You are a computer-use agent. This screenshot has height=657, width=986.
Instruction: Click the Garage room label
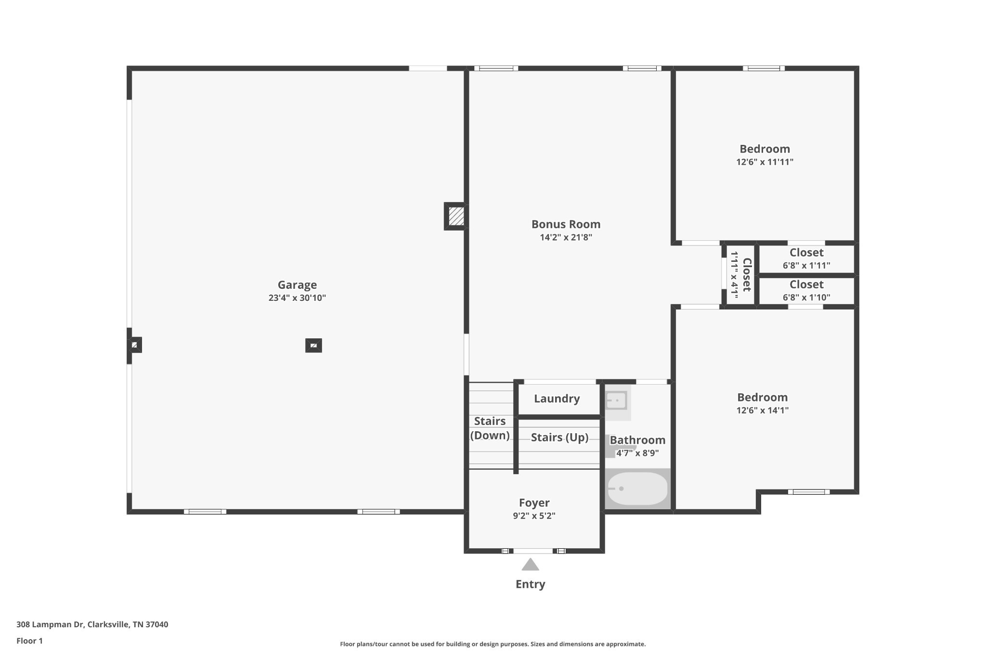tap(297, 285)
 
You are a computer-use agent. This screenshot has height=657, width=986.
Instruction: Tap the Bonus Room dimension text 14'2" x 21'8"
tap(566, 237)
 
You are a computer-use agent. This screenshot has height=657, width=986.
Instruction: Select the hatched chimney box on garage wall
tap(456, 216)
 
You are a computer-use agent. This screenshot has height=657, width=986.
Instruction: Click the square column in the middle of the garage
tap(313, 346)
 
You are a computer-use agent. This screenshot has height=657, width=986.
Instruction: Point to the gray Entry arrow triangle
tap(530, 565)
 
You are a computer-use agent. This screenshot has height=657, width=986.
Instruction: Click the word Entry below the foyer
tap(530, 584)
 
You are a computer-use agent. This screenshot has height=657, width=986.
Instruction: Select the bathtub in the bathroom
tap(637, 489)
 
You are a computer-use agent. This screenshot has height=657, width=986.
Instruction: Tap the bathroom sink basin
tap(616, 400)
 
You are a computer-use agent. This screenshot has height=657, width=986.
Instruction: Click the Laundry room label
tap(557, 399)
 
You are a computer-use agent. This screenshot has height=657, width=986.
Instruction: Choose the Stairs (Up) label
tap(559, 438)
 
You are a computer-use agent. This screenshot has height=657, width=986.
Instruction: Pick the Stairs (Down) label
tap(490, 428)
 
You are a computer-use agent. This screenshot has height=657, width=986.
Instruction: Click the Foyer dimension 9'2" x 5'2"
tap(534, 516)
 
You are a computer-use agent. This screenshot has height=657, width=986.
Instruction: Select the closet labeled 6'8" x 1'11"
tap(806, 259)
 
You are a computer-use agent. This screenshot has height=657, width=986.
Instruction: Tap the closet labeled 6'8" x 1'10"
tap(806, 291)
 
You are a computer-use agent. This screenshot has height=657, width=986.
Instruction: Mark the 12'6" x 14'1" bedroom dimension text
tap(762, 411)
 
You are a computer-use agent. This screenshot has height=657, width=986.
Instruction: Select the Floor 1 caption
tap(29, 641)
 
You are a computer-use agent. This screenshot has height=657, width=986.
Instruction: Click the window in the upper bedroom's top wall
tap(764, 68)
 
